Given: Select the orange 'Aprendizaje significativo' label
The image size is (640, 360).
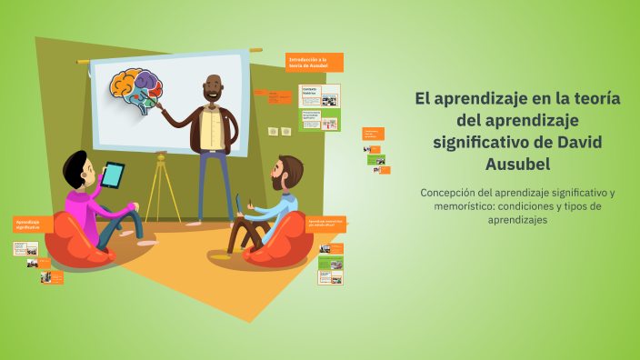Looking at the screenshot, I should point(32,224).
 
